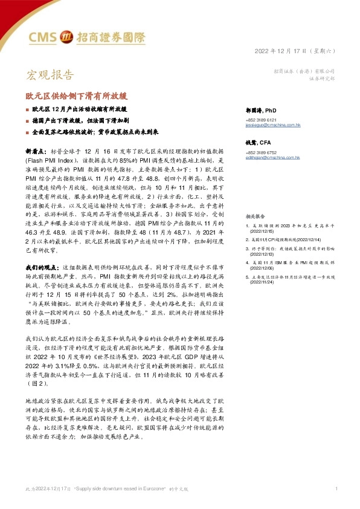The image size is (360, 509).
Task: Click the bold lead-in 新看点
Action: pos(36,148)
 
